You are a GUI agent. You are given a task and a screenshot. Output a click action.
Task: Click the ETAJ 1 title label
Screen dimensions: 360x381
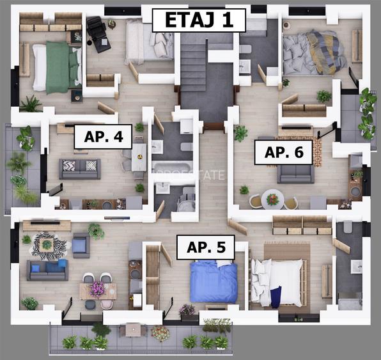[x=198, y=20]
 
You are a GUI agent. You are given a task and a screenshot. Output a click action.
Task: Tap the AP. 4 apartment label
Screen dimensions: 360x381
[x=103, y=136]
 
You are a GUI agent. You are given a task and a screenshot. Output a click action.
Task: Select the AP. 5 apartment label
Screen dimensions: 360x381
[x=205, y=247]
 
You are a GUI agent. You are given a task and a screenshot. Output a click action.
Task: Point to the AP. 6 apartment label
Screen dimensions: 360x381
[x=283, y=153]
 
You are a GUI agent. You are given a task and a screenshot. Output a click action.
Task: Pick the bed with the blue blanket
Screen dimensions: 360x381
[x=214, y=282]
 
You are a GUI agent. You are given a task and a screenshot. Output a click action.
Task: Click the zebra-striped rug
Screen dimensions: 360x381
[x=49, y=245]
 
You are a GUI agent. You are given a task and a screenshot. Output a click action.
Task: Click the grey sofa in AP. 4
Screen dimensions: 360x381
[x=79, y=168]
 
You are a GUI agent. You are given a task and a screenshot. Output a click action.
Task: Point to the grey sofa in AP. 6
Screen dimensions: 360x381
[x=295, y=173]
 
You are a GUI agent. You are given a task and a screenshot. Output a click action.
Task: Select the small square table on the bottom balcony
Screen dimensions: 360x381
[x=133, y=329]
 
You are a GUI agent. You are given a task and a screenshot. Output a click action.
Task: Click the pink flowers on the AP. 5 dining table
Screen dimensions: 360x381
[x=98, y=288]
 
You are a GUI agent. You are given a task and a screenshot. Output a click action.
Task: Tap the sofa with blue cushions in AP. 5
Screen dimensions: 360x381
[x=47, y=270]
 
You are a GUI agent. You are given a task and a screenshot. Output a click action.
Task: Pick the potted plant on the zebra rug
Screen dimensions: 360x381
[x=47, y=244]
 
